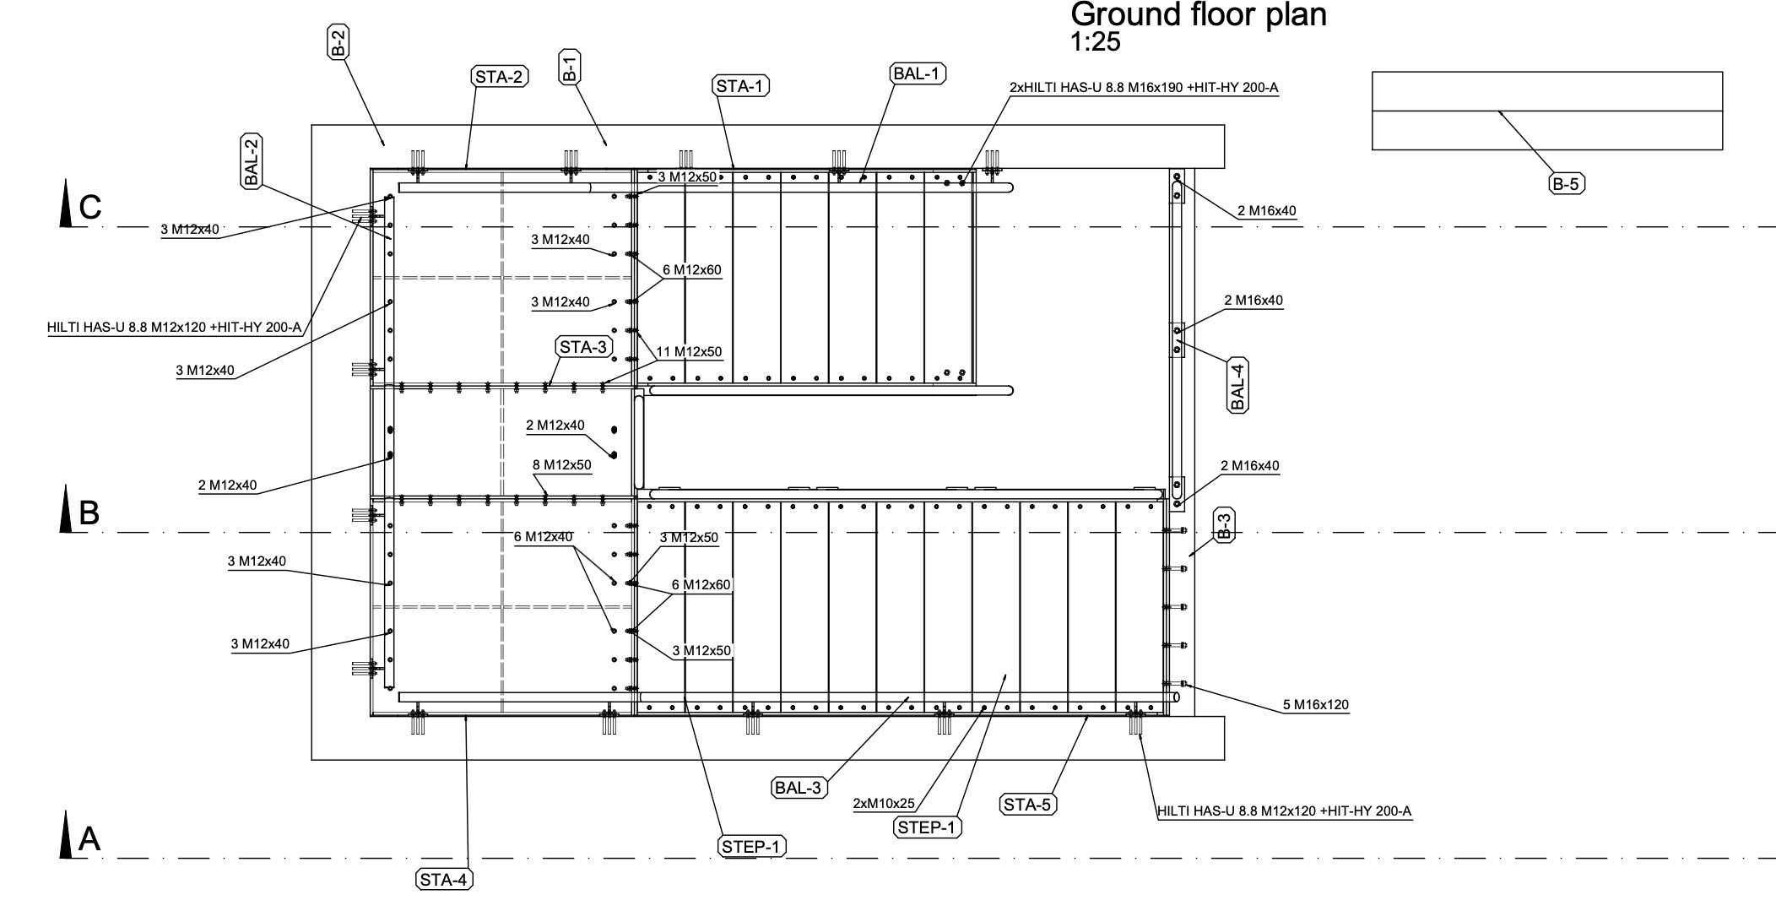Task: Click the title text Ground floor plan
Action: (x=1199, y=14)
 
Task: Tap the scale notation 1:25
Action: (x=1096, y=42)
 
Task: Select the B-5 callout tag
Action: (x=1566, y=184)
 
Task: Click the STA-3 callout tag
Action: (x=583, y=347)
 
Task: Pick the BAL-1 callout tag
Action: (x=918, y=73)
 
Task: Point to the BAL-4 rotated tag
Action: (x=1237, y=384)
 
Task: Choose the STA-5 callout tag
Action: (x=1028, y=805)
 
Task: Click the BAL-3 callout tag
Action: (x=799, y=788)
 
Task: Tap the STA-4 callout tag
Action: (x=445, y=880)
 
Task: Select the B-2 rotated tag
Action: (x=338, y=42)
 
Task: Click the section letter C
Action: (x=89, y=207)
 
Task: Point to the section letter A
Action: (x=89, y=839)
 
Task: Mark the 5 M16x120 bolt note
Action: (x=1315, y=705)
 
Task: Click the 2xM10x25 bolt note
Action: (x=885, y=803)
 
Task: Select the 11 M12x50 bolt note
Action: (x=689, y=352)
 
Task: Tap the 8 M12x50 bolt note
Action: (x=561, y=464)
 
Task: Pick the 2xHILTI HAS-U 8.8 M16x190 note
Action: (x=1144, y=87)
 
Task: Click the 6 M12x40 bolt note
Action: (x=544, y=537)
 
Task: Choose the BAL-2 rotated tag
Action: (x=251, y=160)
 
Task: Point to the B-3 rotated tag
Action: (x=1224, y=525)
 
